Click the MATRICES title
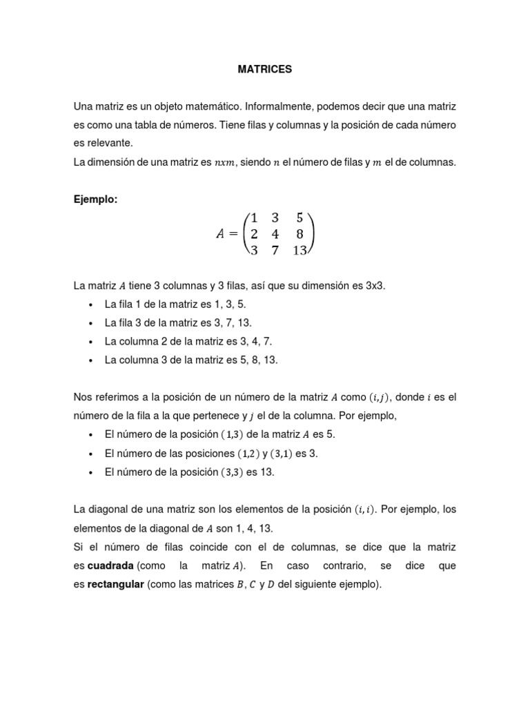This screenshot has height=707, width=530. [265, 70]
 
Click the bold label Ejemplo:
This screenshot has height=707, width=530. [96, 200]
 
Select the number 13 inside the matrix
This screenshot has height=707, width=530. [299, 251]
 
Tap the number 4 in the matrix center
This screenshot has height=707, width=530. [274, 233]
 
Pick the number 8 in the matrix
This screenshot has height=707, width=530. [300, 233]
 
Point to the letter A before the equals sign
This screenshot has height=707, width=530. [221, 233]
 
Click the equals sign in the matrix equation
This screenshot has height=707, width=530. [236, 233]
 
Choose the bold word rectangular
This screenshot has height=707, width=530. [115, 584]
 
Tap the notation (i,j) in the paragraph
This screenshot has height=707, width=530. [378, 397]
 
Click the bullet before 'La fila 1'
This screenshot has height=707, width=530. [92, 304]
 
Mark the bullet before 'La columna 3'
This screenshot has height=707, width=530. [92, 360]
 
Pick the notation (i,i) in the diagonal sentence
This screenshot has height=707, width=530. [365, 510]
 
